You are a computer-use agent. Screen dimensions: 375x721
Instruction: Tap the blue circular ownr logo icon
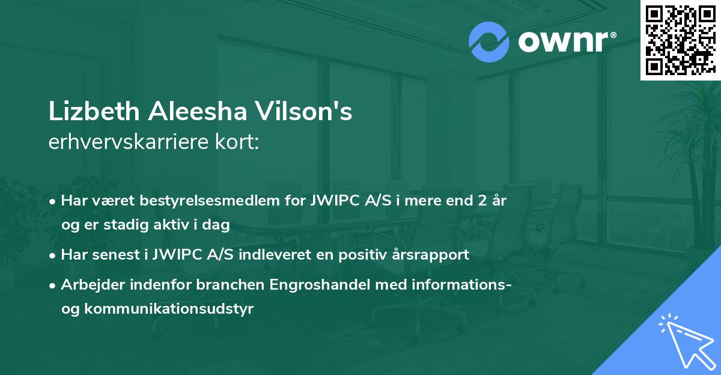(x=488, y=42)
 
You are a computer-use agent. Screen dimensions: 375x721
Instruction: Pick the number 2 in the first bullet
(x=481, y=200)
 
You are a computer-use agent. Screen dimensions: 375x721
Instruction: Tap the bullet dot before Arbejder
(x=53, y=285)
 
